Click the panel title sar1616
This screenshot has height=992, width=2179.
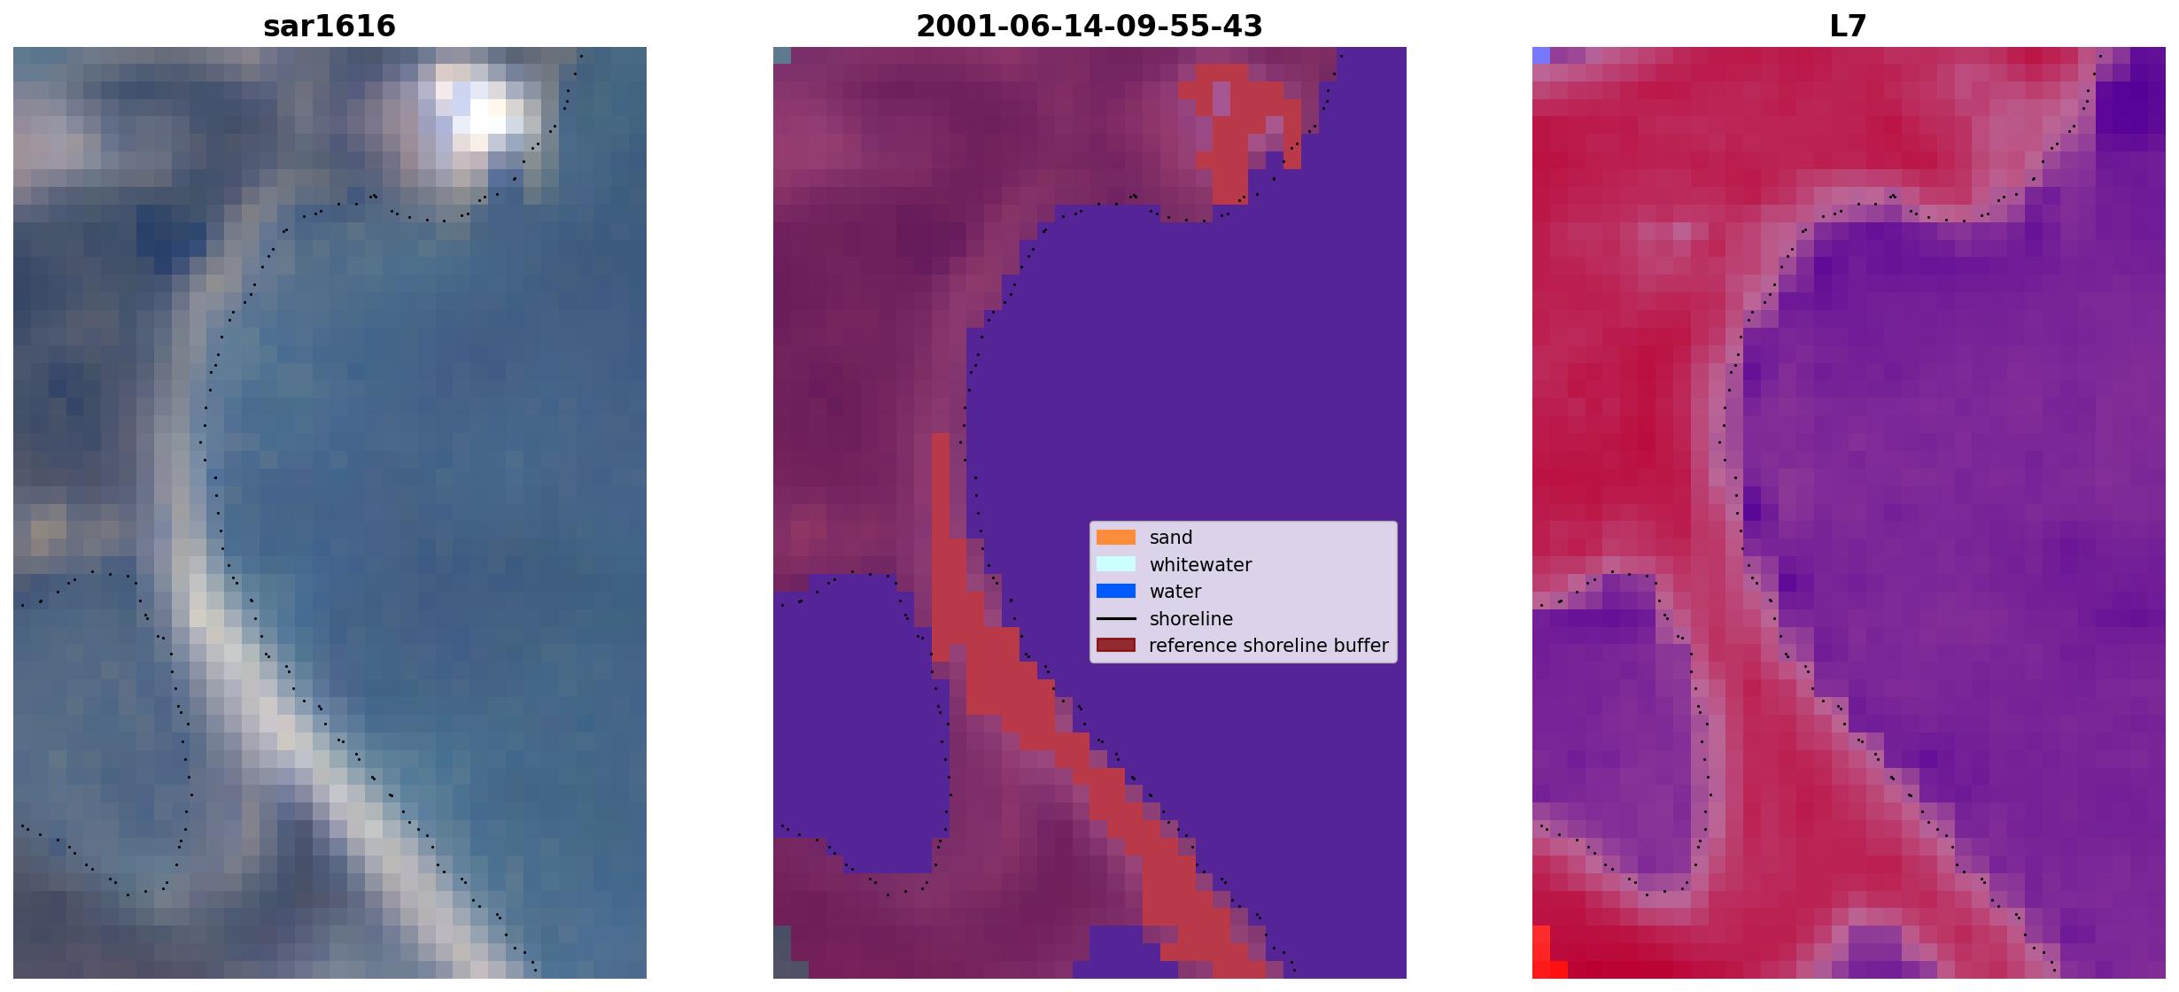pos(330,26)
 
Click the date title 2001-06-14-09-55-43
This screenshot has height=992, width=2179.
pos(1089,26)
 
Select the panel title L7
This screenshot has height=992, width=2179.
pos(1848,26)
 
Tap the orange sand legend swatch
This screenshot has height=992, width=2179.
pos(1115,538)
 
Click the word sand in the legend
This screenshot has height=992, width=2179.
pos(1170,538)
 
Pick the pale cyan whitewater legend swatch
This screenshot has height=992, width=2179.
pos(1115,564)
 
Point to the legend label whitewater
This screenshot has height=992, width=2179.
pos(1200,565)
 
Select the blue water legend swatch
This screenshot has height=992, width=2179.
pos(1115,591)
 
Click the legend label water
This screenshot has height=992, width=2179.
pos(1175,592)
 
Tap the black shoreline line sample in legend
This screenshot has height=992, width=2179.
pos(1115,618)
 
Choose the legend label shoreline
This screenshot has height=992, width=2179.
pos(1190,619)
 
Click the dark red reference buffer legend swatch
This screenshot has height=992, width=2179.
pos(1115,645)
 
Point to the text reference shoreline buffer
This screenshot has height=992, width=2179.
pos(1268,646)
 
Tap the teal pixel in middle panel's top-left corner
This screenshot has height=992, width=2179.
pos(781,55)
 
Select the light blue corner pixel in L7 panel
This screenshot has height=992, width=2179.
pos(1541,55)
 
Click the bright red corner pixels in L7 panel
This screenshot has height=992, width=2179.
pos(1546,957)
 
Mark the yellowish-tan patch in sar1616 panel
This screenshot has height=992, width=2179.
pos(50,530)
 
